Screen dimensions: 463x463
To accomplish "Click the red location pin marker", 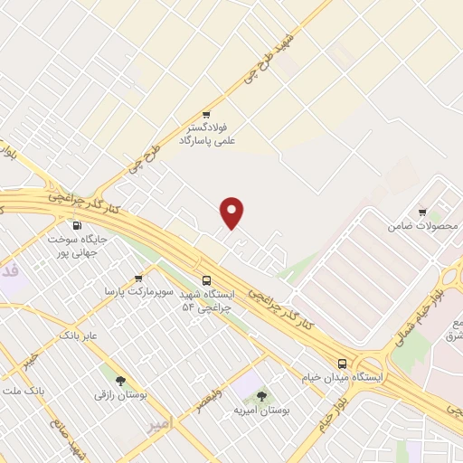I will (232, 212).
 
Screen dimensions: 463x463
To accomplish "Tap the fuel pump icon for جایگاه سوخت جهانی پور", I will (78, 225).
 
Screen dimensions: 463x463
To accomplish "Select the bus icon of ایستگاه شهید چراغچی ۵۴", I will (207, 280).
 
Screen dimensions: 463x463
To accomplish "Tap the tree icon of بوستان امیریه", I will (261, 396).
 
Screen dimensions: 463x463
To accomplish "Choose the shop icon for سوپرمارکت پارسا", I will (137, 279).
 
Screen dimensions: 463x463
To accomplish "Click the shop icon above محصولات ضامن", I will (421, 211).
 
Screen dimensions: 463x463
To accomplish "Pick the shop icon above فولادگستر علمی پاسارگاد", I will (206, 114).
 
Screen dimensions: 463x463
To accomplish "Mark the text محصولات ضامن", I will (421, 224).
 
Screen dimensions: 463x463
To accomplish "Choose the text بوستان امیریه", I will (260, 411).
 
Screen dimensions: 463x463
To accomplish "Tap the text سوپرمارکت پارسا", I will (137, 292).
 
